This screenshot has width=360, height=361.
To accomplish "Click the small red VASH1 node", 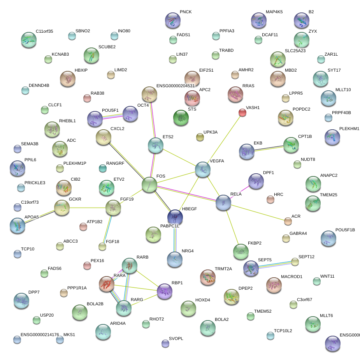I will click(x=242, y=113).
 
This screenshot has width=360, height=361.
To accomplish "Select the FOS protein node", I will click(x=149, y=185).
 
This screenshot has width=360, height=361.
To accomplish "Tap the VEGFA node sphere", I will click(x=202, y=169).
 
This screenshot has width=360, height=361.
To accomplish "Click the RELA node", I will click(x=223, y=203).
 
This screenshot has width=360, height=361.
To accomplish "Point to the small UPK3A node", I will click(x=200, y=137).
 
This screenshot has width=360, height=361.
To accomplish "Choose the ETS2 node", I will click(x=156, y=145).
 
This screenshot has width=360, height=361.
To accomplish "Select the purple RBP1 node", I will click(x=165, y=291).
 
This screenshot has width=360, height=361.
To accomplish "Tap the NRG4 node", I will click(x=175, y=259).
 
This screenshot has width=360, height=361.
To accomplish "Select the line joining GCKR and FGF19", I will click(x=88, y=208).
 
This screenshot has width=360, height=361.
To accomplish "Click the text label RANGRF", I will click(x=115, y=164).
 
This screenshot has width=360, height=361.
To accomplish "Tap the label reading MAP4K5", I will click(x=274, y=12).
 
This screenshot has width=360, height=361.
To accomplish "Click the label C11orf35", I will click(x=44, y=31).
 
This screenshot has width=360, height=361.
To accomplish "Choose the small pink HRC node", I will click(x=270, y=200).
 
